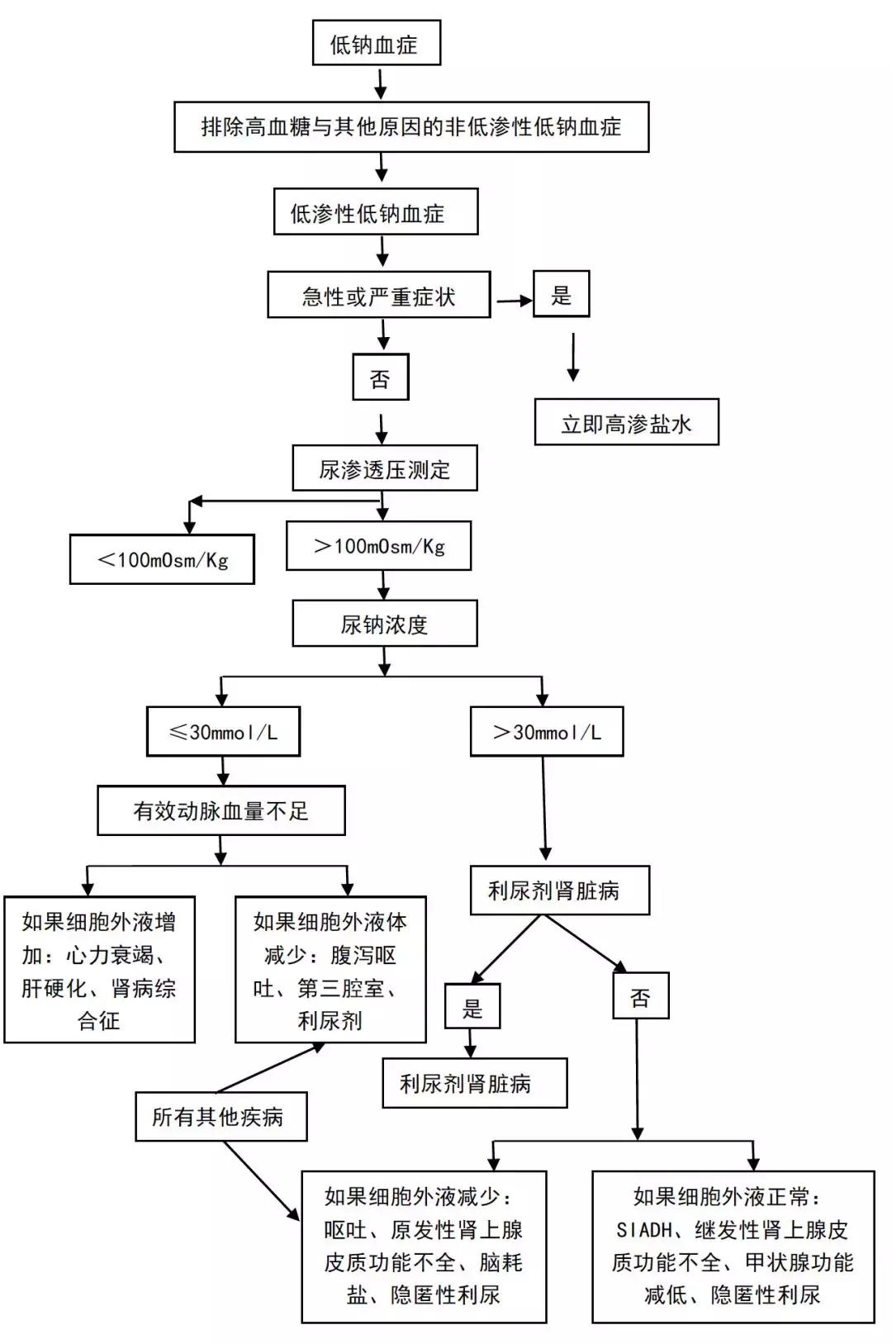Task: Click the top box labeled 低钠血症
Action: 376,44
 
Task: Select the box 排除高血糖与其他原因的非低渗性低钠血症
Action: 411,127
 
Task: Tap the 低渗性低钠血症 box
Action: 376,213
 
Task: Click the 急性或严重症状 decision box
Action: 378,296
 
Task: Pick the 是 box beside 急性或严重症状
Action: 561,294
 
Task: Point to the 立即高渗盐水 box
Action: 626,423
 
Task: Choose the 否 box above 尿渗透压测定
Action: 380,378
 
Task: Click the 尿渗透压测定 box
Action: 384,469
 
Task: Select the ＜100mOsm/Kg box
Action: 162,559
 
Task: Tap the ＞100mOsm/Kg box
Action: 378,545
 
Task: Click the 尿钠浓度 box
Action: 384,624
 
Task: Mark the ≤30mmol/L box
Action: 223,731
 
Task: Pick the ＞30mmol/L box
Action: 546,731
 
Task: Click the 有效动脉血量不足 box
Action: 221,810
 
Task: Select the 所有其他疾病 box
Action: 221,1117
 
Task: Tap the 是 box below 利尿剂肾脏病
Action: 472,1006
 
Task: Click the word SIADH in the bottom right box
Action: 644,1230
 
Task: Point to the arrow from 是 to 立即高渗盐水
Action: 572,357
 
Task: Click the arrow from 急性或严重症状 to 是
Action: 513,301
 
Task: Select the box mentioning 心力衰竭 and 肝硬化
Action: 99,970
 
